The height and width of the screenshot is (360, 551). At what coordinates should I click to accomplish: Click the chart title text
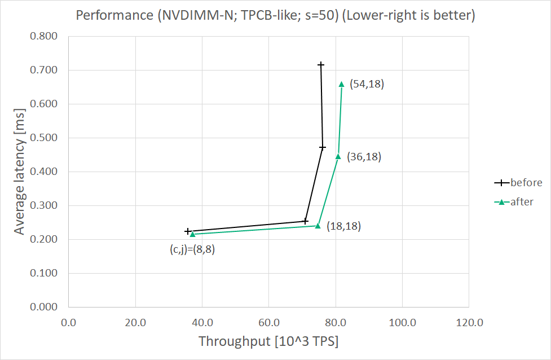click(275, 15)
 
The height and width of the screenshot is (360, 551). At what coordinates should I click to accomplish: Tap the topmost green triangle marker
click(341, 84)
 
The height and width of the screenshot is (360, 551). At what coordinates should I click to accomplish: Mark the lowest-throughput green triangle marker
click(192, 234)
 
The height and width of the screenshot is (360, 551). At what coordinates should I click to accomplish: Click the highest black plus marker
click(321, 65)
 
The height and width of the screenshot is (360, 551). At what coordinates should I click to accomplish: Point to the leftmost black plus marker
click(188, 231)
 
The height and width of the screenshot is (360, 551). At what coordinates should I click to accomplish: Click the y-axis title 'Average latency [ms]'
click(20, 172)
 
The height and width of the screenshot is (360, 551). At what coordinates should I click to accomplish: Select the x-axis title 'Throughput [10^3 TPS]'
click(268, 341)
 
